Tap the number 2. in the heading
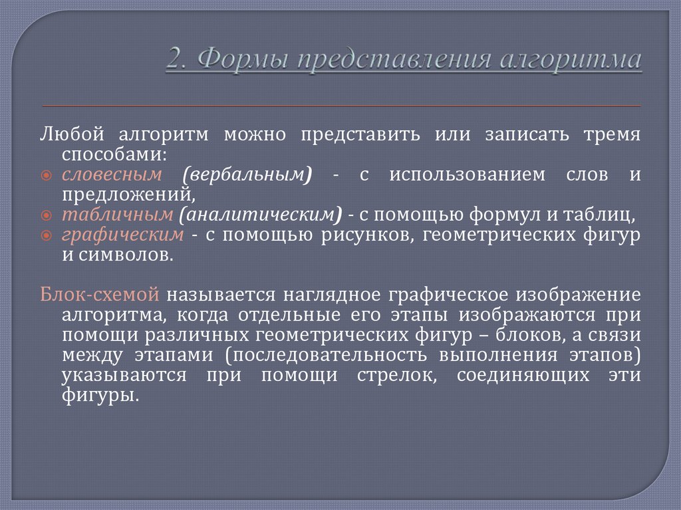[x=178, y=61]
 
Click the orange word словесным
[x=112, y=175]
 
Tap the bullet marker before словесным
[x=47, y=176]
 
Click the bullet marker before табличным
[x=47, y=215]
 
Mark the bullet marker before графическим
[x=47, y=235]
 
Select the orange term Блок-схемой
[x=99, y=295]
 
